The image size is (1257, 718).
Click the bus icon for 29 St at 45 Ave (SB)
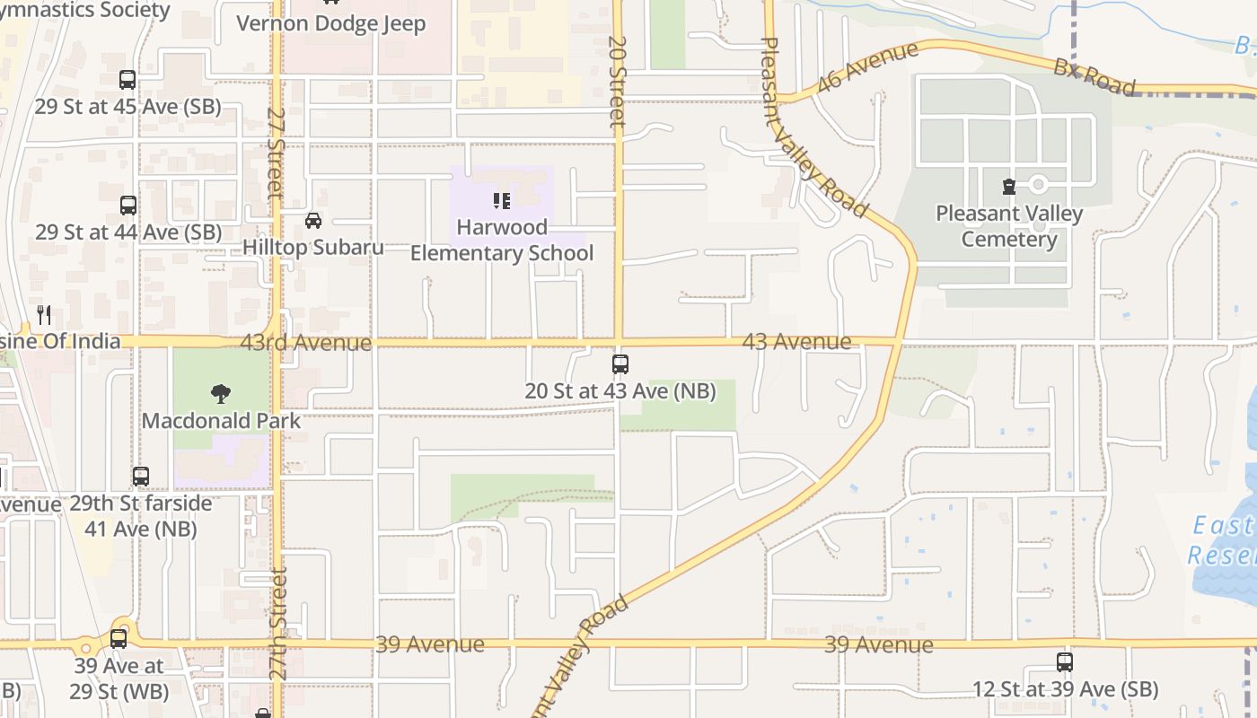click(x=127, y=80)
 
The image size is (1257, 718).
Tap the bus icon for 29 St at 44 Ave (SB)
click(x=128, y=206)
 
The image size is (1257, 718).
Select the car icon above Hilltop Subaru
click(x=313, y=220)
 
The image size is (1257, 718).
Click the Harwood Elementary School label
click(x=502, y=241)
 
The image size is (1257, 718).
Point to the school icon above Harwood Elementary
click(x=502, y=201)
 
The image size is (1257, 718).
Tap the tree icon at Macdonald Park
click(x=220, y=393)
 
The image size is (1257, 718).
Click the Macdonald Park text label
click(x=221, y=420)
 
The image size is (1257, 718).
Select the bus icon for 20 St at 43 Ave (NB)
click(x=620, y=364)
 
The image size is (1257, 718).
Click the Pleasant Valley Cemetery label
click(x=1009, y=226)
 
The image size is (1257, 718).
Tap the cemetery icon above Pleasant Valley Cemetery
click(x=1009, y=187)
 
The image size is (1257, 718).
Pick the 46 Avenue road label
click(x=867, y=66)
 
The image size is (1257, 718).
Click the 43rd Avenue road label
click(x=305, y=343)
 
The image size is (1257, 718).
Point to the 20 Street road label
click(x=616, y=81)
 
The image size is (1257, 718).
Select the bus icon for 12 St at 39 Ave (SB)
click(x=1065, y=662)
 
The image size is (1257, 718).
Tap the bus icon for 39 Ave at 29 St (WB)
click(x=119, y=639)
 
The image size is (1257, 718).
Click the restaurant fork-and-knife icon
click(x=44, y=314)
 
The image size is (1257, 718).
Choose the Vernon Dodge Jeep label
click(x=331, y=23)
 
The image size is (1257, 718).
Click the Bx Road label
click(x=1094, y=77)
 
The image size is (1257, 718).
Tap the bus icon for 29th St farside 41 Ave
click(x=141, y=477)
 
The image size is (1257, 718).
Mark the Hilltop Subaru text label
click(x=313, y=248)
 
